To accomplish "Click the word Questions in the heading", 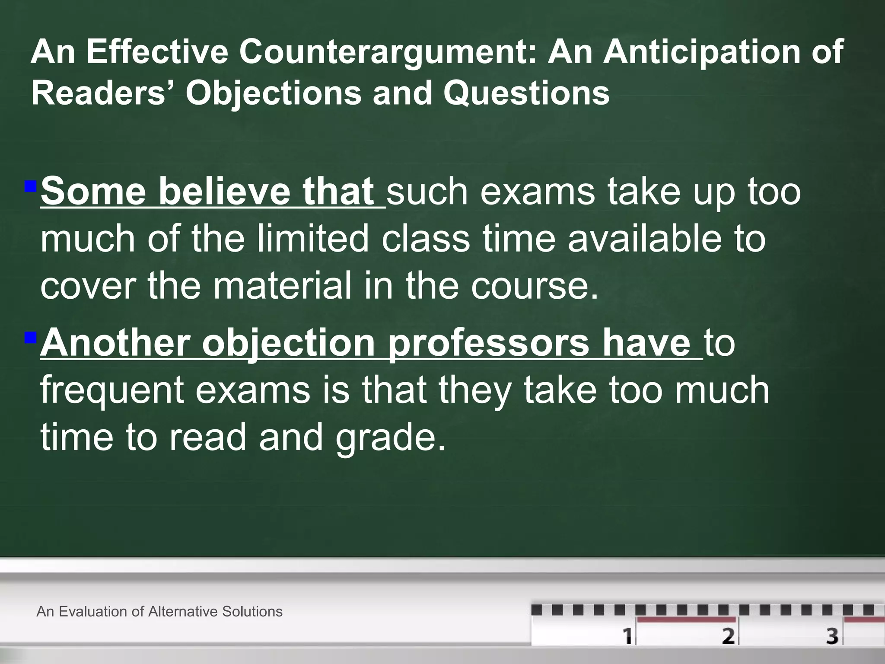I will [526, 93].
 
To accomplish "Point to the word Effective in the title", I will [157, 52].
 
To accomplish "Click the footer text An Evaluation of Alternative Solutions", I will [159, 611].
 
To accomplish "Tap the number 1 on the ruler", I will [627, 636].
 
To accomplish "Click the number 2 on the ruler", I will [728, 636].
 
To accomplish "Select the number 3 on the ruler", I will [832, 636].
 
